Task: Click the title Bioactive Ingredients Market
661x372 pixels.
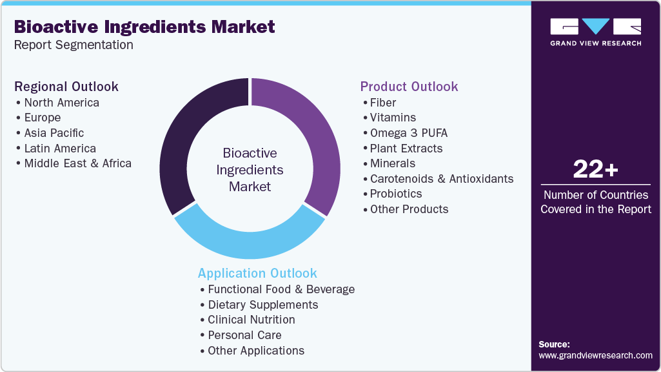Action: click(x=144, y=26)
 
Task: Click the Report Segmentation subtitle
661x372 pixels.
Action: click(x=74, y=45)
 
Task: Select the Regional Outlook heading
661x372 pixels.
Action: click(x=66, y=87)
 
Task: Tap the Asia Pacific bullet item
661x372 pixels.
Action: click(x=54, y=133)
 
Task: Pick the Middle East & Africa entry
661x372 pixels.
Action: click(x=77, y=163)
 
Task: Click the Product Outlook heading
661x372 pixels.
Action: click(x=409, y=87)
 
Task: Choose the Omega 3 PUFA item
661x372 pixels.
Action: click(x=408, y=133)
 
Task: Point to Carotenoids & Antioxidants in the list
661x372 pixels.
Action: click(x=442, y=179)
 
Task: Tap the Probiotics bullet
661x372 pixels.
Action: click(x=396, y=194)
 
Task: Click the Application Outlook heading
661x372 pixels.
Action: click(x=257, y=273)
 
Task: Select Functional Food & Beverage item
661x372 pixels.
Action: click(x=281, y=289)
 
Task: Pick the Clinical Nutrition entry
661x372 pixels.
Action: click(x=252, y=320)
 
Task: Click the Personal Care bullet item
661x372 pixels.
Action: click(x=244, y=335)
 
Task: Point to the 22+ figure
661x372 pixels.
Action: click(x=595, y=170)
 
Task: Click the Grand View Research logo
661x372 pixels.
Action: click(x=595, y=32)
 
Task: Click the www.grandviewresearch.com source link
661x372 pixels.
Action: click(x=595, y=355)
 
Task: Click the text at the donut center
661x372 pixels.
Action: click(x=250, y=170)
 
